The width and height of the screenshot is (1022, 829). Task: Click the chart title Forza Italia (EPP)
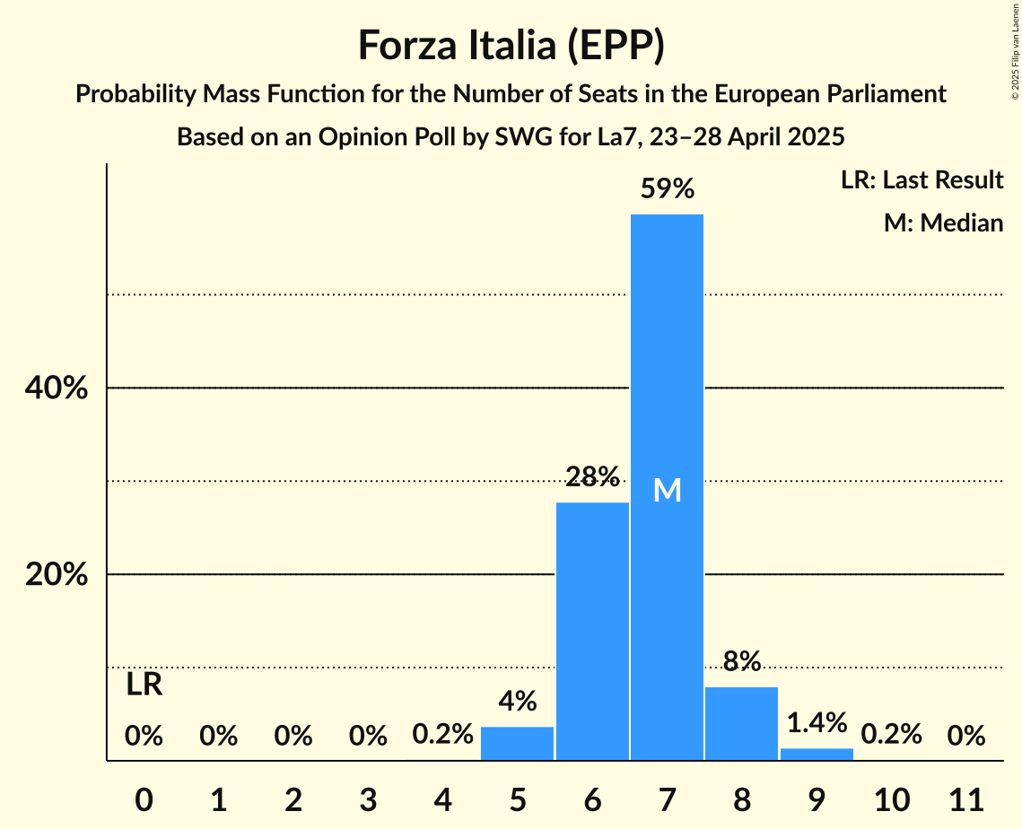click(x=511, y=45)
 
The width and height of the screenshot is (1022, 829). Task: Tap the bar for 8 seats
click(x=741, y=723)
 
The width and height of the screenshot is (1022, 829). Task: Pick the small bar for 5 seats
click(x=518, y=743)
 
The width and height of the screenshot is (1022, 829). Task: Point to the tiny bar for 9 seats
click(x=817, y=754)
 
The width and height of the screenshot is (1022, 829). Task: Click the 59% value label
click(x=667, y=189)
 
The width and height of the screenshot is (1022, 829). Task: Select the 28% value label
click(x=592, y=476)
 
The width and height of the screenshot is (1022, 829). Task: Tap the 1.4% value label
click(x=817, y=722)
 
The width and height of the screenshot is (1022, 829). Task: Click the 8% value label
click(x=741, y=661)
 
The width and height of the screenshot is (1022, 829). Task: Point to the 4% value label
click(x=518, y=701)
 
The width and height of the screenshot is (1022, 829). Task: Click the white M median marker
click(x=667, y=490)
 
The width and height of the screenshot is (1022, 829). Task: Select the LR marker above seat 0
click(x=144, y=685)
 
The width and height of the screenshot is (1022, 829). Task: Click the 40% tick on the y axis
click(x=56, y=388)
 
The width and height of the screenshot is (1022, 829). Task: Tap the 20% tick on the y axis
click(x=56, y=574)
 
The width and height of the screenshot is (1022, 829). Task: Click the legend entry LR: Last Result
click(x=922, y=180)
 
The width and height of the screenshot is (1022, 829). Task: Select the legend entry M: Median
click(x=943, y=223)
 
